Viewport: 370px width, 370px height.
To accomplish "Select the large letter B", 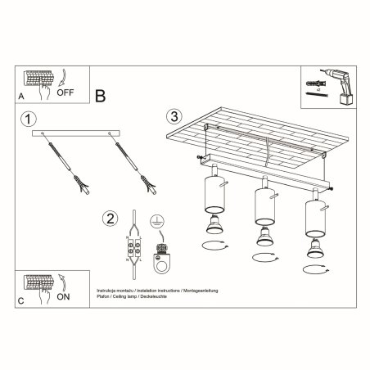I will point(101,95).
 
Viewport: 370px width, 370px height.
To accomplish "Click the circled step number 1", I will point(30,120).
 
